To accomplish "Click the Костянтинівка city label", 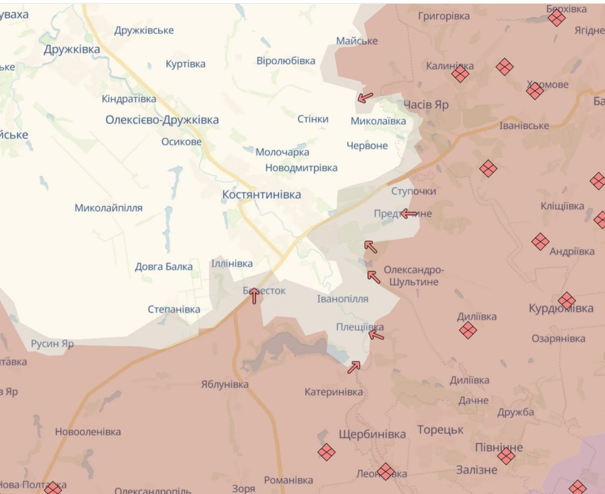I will coord(261,195).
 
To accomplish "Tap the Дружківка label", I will coord(71,50).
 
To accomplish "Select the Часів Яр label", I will coord(426,105).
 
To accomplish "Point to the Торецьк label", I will coord(440,430).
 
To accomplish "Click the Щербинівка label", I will coord(372,434).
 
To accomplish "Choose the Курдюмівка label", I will coord(561,308).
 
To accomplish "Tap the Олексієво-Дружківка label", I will coord(162,120).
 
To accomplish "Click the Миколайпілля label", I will coord(108,208).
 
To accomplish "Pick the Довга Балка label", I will coord(163,267).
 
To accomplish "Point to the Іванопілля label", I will coord(343,299).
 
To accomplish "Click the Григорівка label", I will coord(444,17).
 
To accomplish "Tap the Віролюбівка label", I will coord(286,61).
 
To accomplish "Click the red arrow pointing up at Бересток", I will coord(254,295).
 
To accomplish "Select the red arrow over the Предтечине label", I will coord(409,213).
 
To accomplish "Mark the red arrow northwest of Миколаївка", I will coord(365,98).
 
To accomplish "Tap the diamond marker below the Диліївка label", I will coord(467,331).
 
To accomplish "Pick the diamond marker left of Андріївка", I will coord(540,241).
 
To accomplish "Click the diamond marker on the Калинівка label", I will coord(460,74).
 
